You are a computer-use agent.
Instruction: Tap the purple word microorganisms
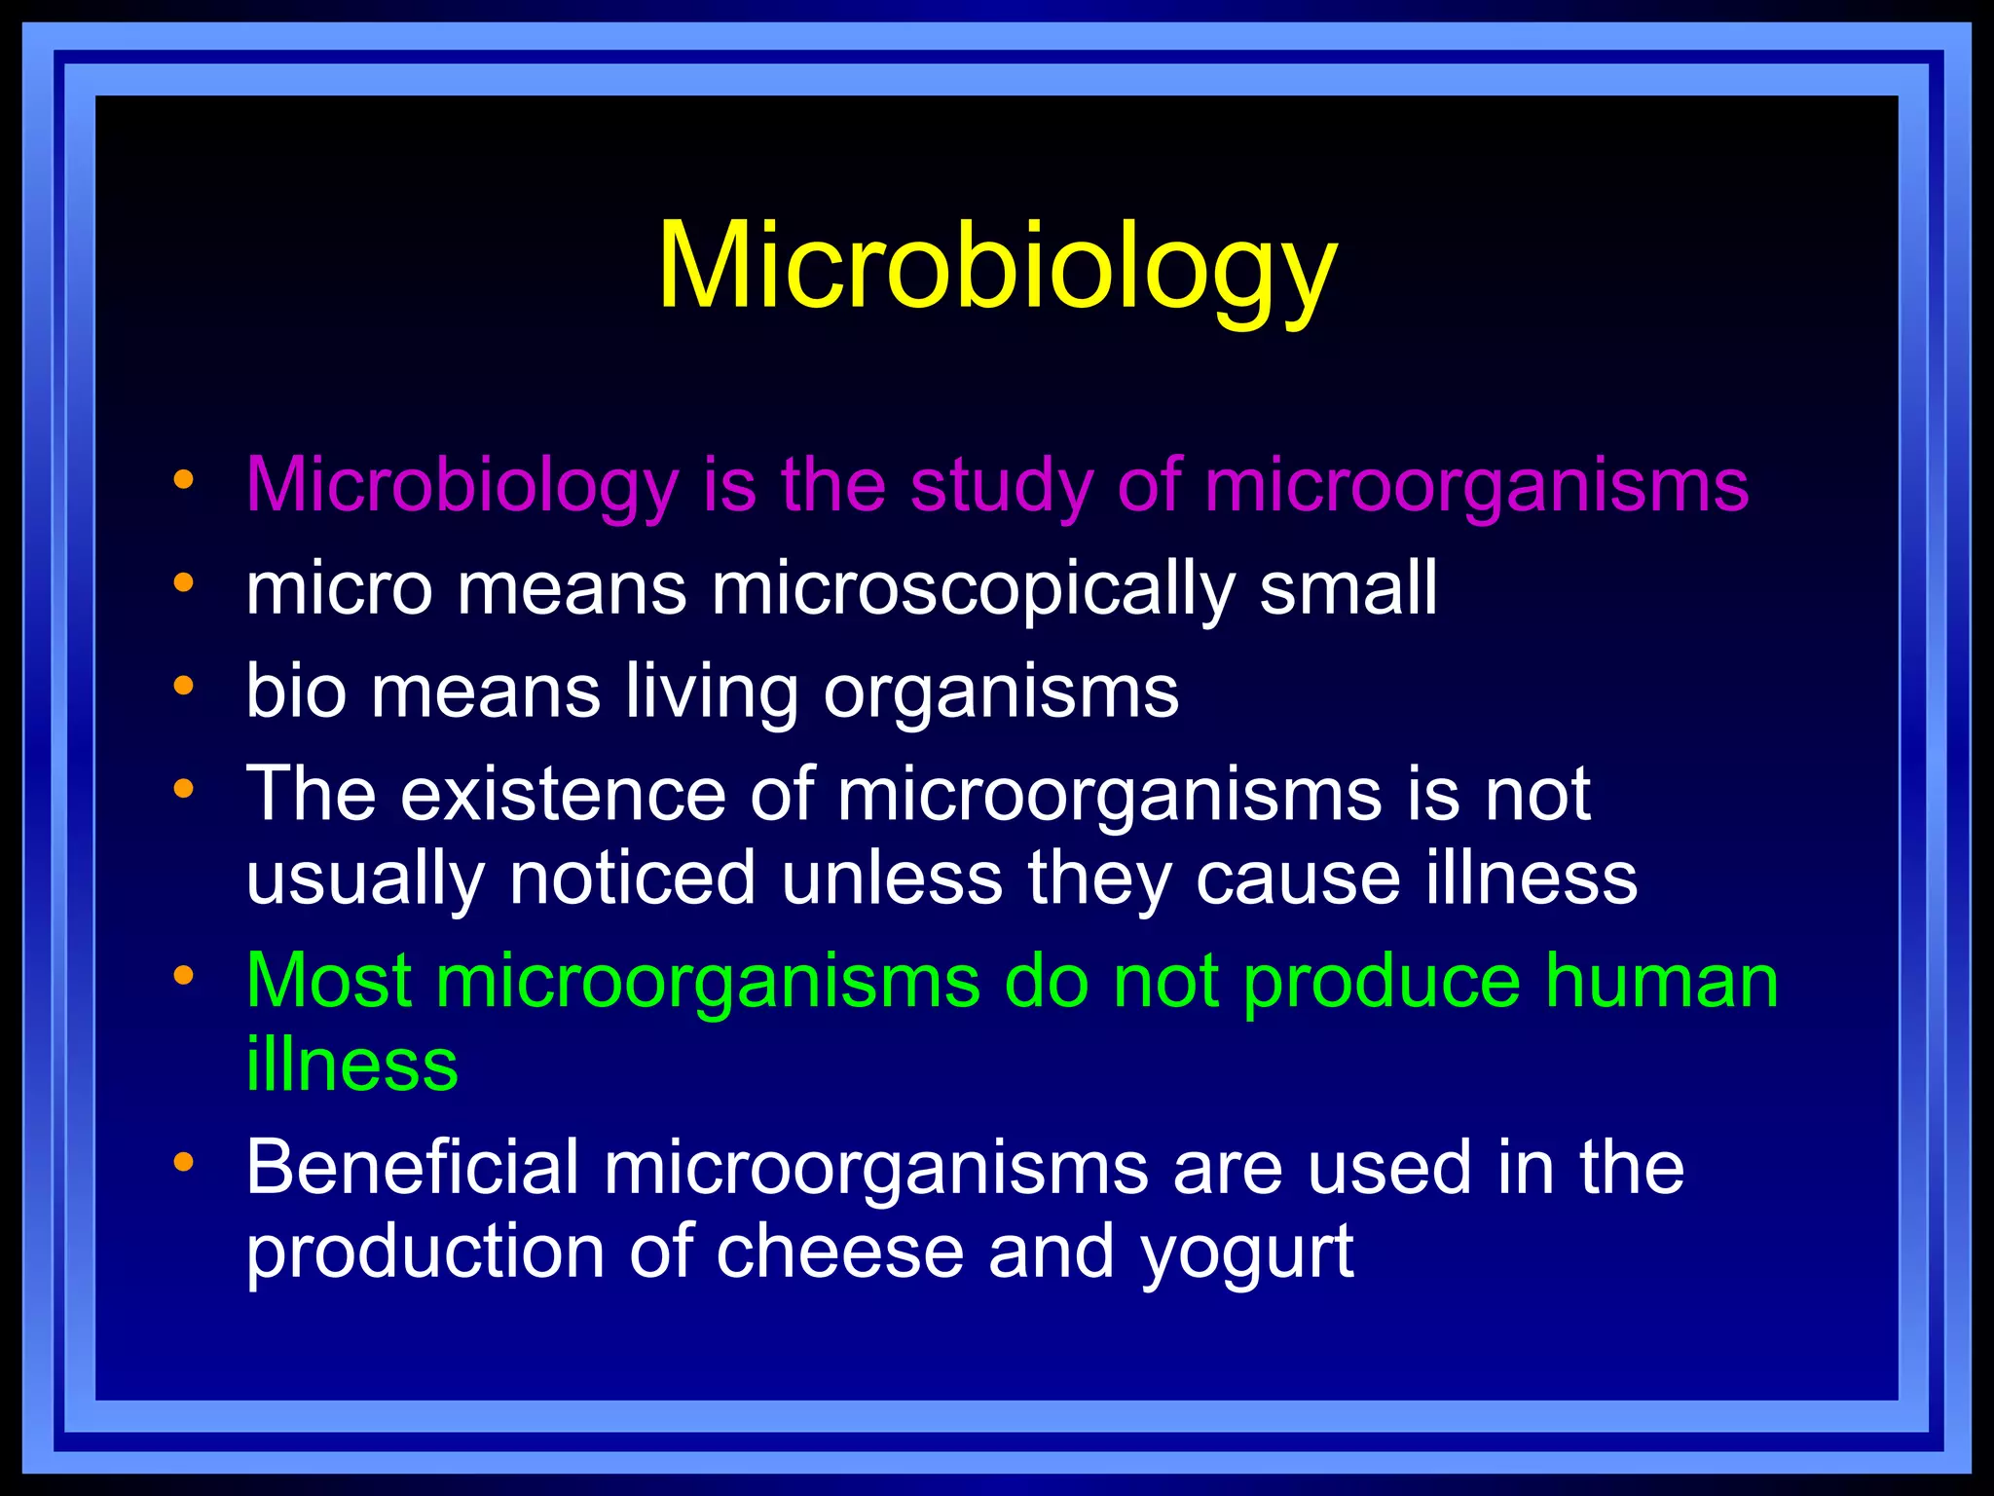pyautogui.click(x=1476, y=486)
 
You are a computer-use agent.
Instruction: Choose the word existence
pyautogui.click(x=563, y=793)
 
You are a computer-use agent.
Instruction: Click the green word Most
pyautogui.click(x=328, y=981)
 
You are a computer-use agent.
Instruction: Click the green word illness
pyautogui.click(x=351, y=1064)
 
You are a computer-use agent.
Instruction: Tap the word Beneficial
pyautogui.click(x=412, y=1167)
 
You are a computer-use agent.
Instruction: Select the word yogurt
pyautogui.click(x=1247, y=1253)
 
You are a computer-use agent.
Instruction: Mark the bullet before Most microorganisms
pyautogui.click(x=183, y=974)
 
